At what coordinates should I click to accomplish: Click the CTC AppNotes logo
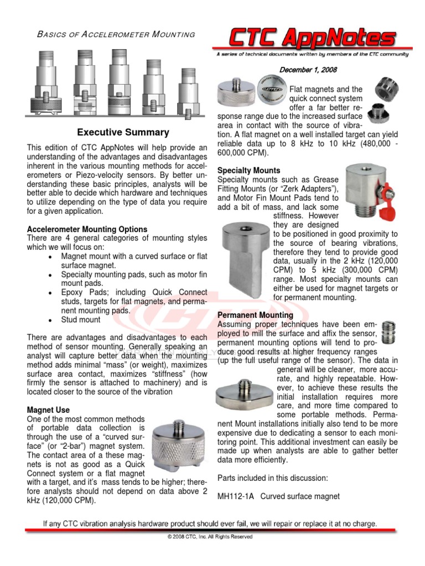click(x=313, y=39)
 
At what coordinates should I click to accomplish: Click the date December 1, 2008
click(x=308, y=70)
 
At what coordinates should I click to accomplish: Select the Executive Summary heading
click(x=123, y=133)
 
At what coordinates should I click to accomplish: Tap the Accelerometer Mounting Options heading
click(x=87, y=229)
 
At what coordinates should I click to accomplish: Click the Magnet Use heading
click(x=49, y=410)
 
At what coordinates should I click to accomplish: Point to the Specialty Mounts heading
click(x=248, y=170)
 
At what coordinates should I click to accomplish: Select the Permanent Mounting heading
click(x=255, y=315)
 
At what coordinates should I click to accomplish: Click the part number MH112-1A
click(x=236, y=496)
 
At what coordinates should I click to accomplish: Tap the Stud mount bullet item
click(x=81, y=319)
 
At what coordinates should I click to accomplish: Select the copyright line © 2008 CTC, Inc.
click(x=210, y=537)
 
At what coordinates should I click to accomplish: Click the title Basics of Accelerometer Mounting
click(x=115, y=34)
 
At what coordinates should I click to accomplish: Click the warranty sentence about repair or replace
click(x=210, y=523)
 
